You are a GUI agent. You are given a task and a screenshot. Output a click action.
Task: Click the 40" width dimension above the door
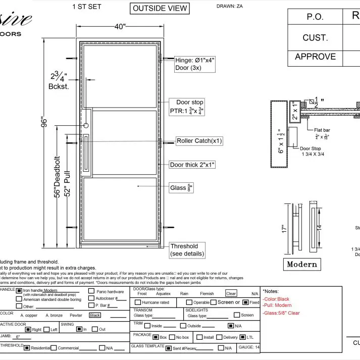(119, 27)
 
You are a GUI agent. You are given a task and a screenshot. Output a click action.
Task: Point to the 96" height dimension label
(44, 123)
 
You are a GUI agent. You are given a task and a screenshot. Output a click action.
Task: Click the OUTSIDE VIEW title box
(160, 8)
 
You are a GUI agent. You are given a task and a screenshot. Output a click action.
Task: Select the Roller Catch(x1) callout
(199, 141)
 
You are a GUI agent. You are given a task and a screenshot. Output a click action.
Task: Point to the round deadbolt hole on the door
(86, 125)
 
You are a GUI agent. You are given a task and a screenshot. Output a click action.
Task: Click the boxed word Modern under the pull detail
(302, 264)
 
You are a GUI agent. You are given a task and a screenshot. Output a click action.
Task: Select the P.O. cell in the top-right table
(316, 17)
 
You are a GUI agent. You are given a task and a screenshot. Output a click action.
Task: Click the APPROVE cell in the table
(316, 57)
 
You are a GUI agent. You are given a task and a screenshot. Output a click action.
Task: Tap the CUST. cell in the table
(316, 37)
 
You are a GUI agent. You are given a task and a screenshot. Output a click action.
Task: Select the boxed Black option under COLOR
(95, 315)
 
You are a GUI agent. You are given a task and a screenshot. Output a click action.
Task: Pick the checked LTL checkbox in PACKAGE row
(242, 337)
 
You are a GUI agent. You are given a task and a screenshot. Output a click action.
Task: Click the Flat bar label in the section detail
(322, 130)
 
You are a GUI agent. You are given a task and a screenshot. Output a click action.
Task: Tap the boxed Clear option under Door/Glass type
(231, 293)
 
